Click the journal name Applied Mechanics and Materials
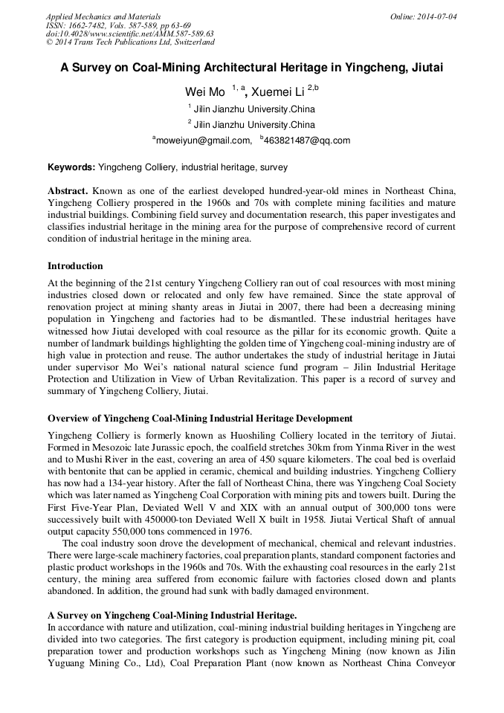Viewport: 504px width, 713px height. pyautogui.click(x=103, y=16)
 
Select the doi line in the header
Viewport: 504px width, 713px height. pyautogui.click(x=129, y=34)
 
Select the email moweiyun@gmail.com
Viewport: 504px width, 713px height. pyautogui.click(x=203, y=140)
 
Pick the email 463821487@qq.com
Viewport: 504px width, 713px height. pyautogui.click(x=307, y=140)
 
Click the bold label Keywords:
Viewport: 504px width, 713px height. pyautogui.click(x=71, y=167)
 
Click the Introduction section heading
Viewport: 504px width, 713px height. pyautogui.click(x=75, y=266)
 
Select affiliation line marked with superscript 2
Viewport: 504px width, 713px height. pyautogui.click(x=253, y=124)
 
